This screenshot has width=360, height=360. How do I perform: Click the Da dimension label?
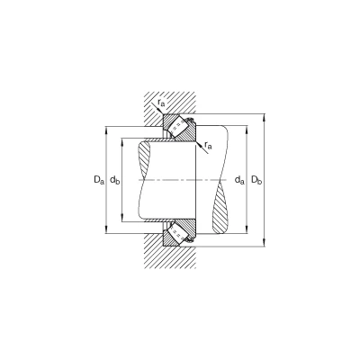[99, 180]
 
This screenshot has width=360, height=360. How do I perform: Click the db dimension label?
[115, 180]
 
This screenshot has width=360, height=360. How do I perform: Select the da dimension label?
[239, 180]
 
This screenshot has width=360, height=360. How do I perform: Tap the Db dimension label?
[256, 180]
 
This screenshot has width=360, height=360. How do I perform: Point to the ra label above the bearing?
[161, 103]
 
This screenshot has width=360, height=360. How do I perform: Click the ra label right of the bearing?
[208, 146]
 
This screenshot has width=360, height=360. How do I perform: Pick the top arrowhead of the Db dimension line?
[265, 117]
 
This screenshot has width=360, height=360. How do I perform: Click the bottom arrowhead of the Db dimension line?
[265, 243]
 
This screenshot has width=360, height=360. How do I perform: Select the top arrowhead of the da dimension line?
[247, 129]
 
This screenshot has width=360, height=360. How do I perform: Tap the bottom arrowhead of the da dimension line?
[247, 230]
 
